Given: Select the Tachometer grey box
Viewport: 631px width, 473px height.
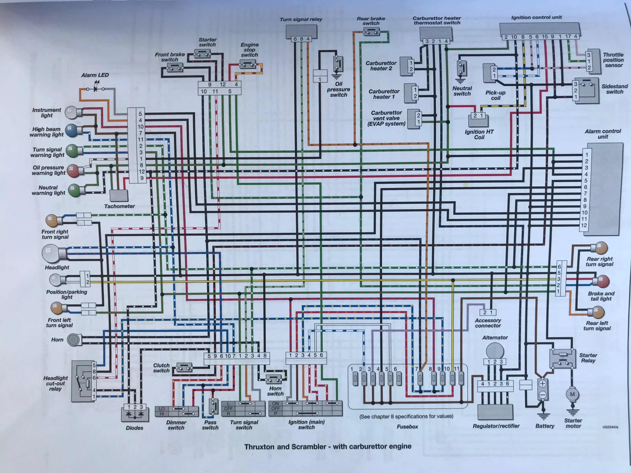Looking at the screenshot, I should click(x=119, y=196).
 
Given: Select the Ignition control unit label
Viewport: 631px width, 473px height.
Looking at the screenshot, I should click(x=536, y=17).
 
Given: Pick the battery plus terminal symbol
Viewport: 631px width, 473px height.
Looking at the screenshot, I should click(x=542, y=384).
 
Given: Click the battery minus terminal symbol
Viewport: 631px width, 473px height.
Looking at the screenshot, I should click(x=542, y=395).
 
